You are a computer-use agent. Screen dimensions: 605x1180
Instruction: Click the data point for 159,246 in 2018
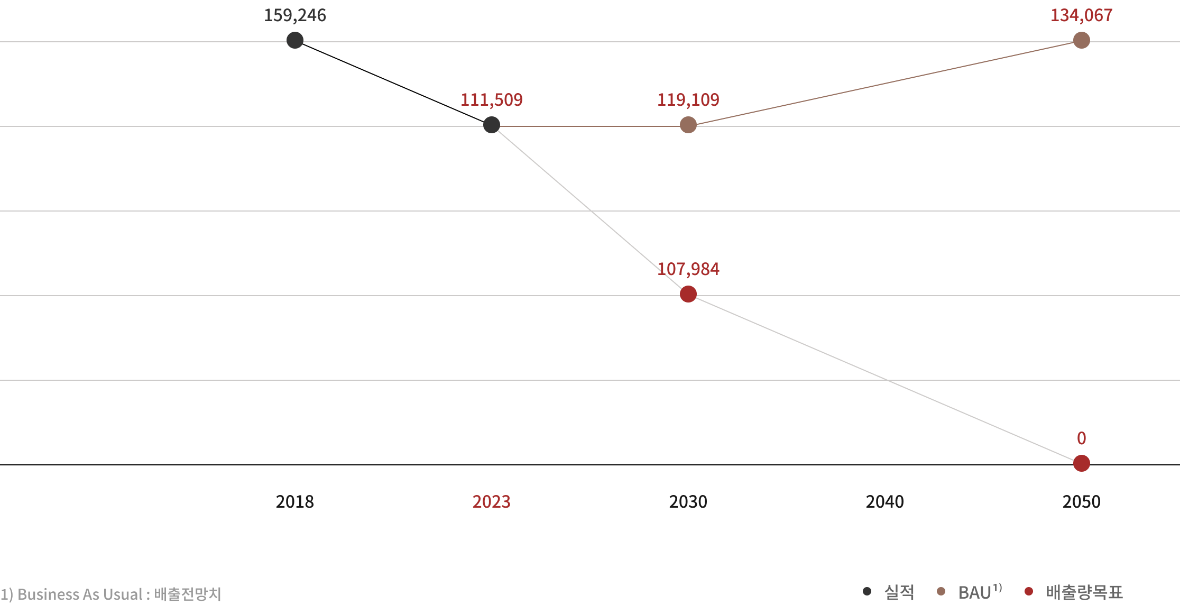click(295, 40)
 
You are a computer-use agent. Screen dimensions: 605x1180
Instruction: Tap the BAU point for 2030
click(688, 125)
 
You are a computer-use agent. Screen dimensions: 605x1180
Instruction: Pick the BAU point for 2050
click(1081, 40)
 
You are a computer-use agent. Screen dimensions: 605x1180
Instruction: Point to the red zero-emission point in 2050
click(1081, 463)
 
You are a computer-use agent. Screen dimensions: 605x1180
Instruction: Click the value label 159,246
click(295, 15)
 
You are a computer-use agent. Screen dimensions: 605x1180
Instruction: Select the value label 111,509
click(491, 100)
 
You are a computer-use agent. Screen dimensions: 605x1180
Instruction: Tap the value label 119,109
click(688, 100)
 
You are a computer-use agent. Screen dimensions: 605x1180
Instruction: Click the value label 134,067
click(1081, 15)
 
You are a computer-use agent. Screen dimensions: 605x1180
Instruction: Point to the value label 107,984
click(688, 269)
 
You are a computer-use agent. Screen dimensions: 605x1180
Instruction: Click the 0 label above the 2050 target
click(1081, 438)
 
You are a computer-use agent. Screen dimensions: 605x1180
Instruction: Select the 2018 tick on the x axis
click(295, 501)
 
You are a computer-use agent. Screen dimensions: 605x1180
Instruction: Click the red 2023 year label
click(491, 501)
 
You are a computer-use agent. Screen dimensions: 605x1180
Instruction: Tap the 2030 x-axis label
click(688, 501)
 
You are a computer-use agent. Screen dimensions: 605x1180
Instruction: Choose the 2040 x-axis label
click(884, 501)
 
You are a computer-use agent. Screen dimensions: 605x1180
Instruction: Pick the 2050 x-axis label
click(1081, 501)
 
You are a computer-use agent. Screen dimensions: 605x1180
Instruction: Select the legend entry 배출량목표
click(1084, 592)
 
